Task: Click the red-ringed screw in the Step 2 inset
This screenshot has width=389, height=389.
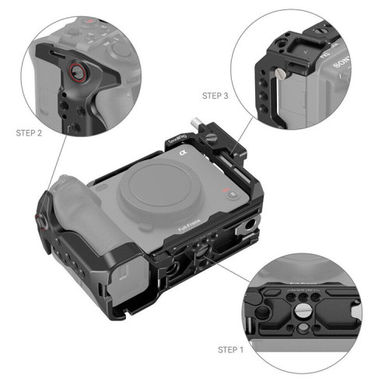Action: click(x=76, y=70)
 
